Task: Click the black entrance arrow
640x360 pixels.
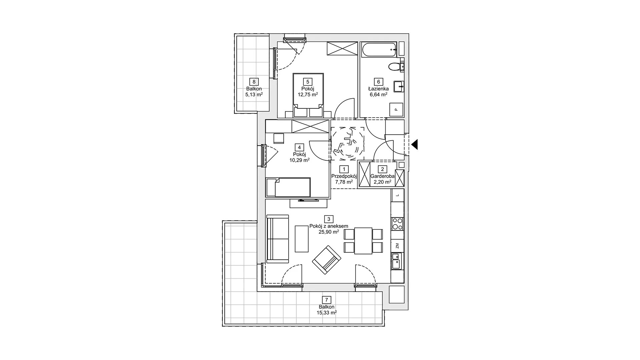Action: pos(415,145)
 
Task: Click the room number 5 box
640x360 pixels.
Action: pos(308,82)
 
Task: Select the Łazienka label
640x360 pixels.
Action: pos(378,89)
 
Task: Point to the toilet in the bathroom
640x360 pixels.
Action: pos(397,67)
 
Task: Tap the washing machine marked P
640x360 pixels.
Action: pos(396,110)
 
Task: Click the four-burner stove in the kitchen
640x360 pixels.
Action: pos(397,224)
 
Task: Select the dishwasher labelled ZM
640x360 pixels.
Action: pos(397,246)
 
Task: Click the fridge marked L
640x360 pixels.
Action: pos(397,195)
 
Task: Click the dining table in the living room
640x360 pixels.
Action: pos(363,241)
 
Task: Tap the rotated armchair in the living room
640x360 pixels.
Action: pos(327,260)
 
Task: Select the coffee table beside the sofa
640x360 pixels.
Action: pos(302,239)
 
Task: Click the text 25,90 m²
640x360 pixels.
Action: pos(329,232)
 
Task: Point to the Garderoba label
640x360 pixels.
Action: pos(382,176)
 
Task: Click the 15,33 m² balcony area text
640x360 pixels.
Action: pos(327,313)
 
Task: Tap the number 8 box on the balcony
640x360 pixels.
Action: pos(254,82)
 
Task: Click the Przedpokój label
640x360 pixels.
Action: pos(344,176)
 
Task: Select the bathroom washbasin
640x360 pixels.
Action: pos(399,87)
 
